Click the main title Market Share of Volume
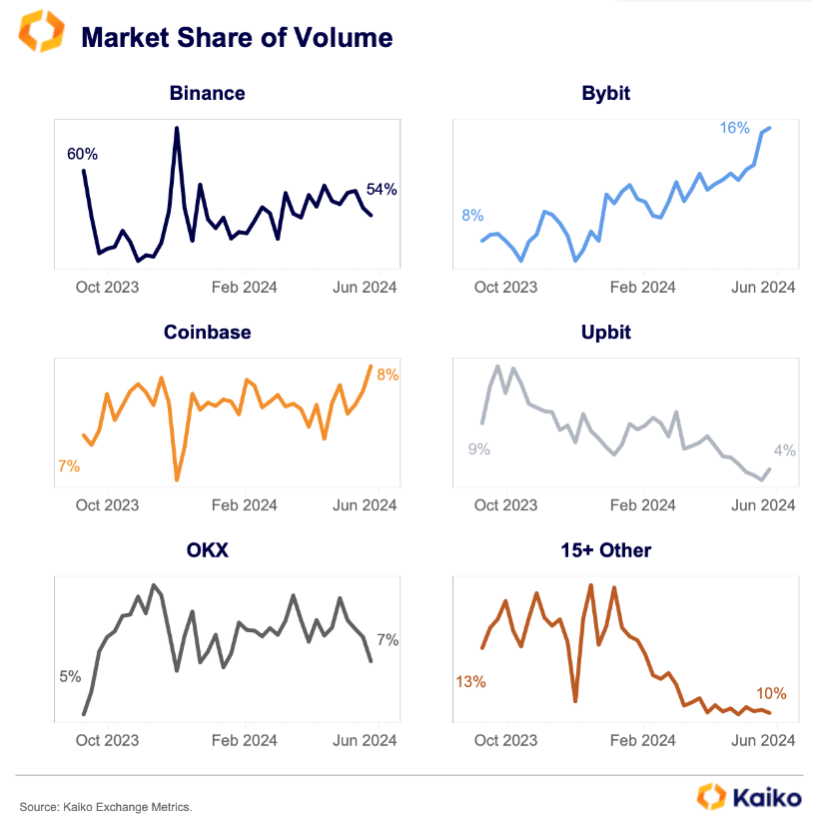(x=237, y=38)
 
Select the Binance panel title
(x=207, y=94)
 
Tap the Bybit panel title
(x=605, y=94)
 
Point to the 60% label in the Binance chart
(x=82, y=154)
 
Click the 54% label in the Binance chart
(x=382, y=189)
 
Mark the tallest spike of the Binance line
(x=177, y=128)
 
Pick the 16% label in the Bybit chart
(x=734, y=128)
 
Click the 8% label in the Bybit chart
(x=472, y=216)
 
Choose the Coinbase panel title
(x=207, y=333)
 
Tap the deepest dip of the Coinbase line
(x=177, y=479)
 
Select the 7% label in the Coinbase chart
(x=69, y=465)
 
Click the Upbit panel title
(x=605, y=333)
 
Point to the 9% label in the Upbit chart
(x=479, y=449)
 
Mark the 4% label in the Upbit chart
(x=785, y=449)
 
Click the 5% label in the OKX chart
(x=70, y=676)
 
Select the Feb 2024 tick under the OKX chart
(x=245, y=741)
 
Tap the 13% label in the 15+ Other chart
(x=470, y=682)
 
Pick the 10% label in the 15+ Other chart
(x=771, y=693)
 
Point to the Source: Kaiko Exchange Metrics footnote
(x=105, y=806)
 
